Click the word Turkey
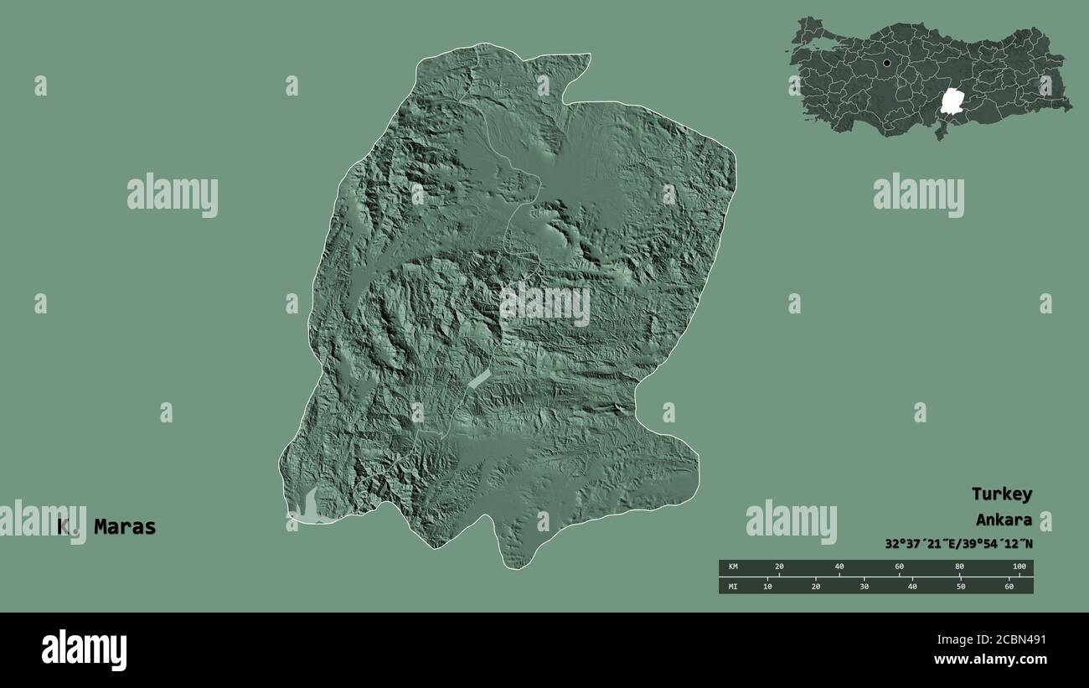point(1002,494)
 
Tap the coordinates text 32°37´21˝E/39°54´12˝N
point(958,543)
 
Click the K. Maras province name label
point(107,527)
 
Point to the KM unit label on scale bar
point(733,567)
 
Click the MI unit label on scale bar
point(733,586)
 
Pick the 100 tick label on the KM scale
point(1019,567)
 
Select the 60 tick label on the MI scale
point(1009,586)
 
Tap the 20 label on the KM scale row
point(779,567)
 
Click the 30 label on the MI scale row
point(864,586)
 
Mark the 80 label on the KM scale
point(959,567)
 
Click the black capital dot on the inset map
point(886,63)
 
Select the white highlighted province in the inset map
point(951,101)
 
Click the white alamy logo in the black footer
point(84,649)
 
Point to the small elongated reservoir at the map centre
point(478,378)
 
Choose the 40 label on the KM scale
point(839,567)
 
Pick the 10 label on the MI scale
point(767,586)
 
